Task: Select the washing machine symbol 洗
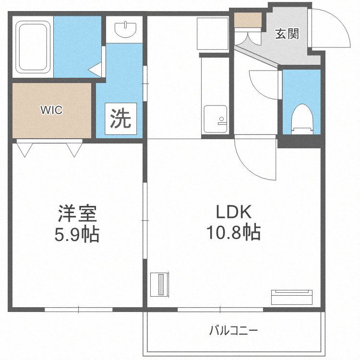coord(120,119)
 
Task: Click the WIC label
coord(51,110)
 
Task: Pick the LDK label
coord(233,212)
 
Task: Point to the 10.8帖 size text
coord(233,233)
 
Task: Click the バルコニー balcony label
coord(234,331)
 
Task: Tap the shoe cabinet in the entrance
coord(248,21)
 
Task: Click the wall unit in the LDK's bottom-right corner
coord(292,297)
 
